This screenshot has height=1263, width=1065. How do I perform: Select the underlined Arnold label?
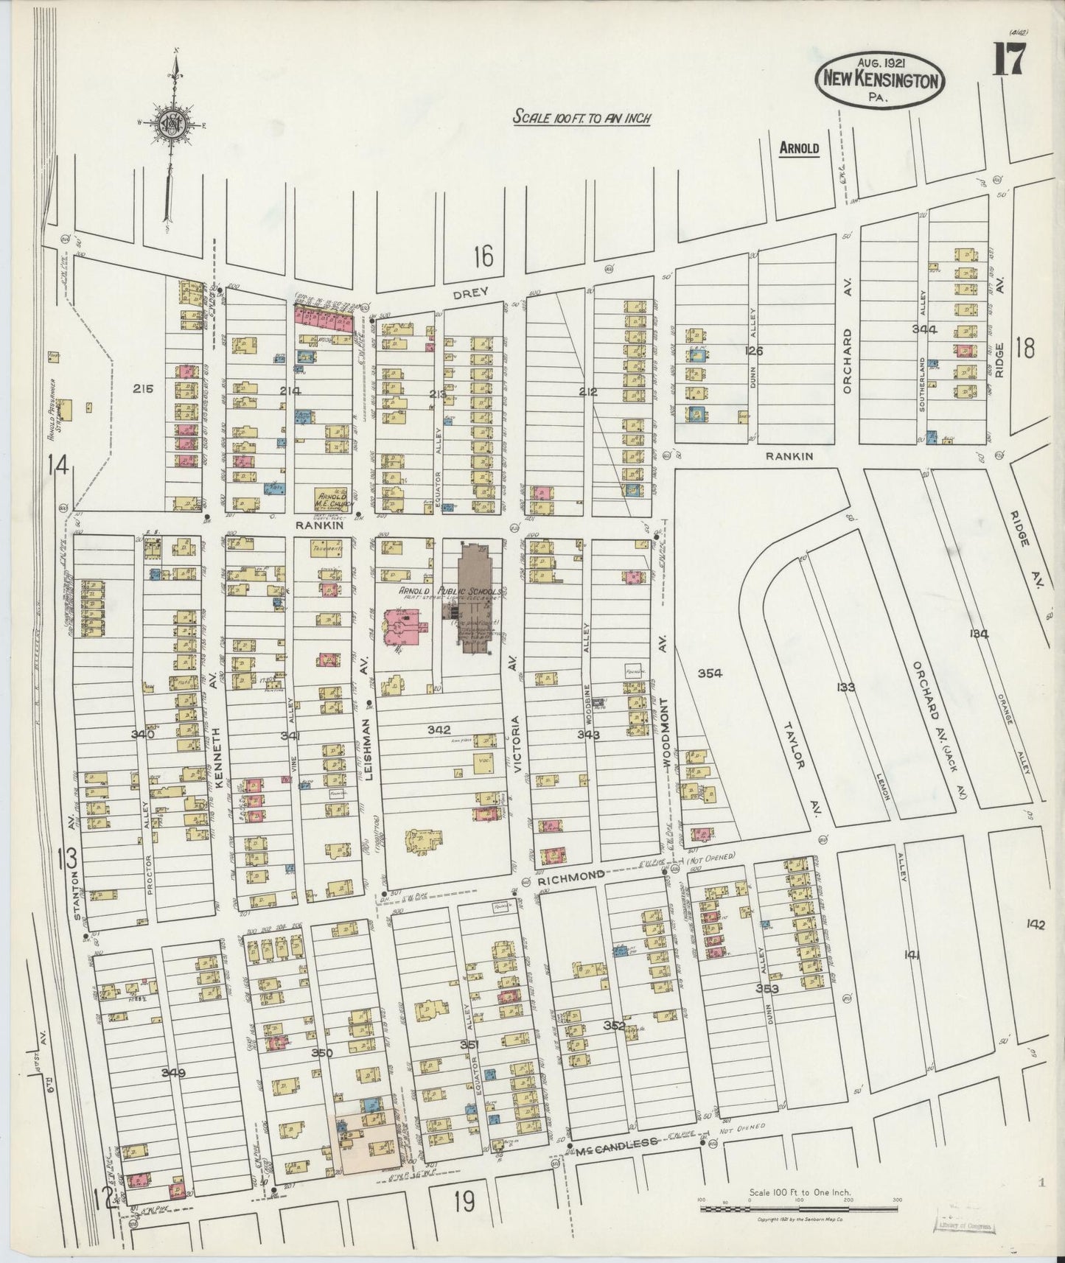(x=799, y=148)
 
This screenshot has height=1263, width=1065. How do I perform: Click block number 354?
(x=709, y=673)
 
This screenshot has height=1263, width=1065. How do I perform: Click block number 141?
(x=911, y=955)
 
